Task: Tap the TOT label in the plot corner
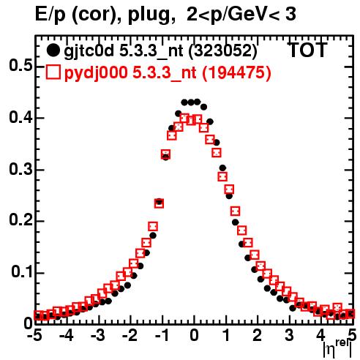(308, 50)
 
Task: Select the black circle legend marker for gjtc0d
(53, 50)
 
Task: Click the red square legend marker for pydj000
(53, 72)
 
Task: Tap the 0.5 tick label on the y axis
(21, 66)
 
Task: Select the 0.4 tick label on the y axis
(21, 118)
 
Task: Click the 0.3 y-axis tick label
(21, 170)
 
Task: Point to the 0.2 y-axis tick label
(21, 220)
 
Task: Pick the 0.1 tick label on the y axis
(22, 272)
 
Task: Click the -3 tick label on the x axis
(97, 336)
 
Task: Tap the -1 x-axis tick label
(162, 336)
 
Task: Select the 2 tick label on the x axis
(257, 336)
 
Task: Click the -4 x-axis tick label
(66, 336)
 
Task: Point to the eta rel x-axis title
(337, 349)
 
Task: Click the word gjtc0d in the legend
(89, 51)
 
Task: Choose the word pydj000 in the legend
(96, 73)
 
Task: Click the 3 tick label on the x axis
(289, 336)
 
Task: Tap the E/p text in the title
(50, 15)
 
